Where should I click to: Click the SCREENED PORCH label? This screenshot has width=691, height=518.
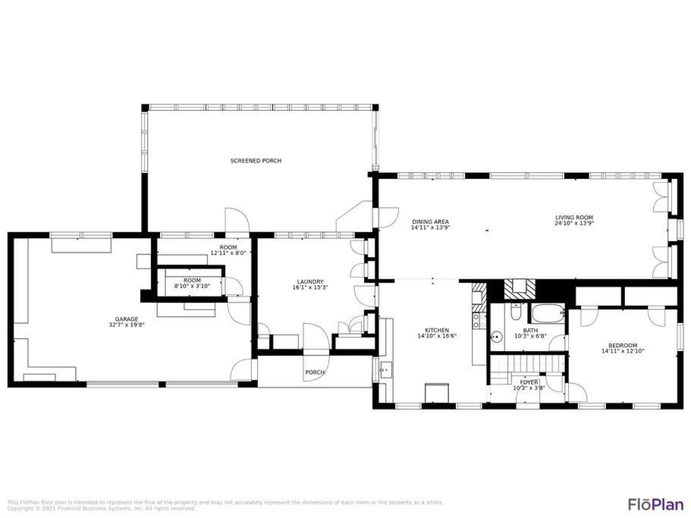pyautogui.click(x=256, y=161)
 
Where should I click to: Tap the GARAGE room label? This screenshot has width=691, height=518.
pyautogui.click(x=127, y=319)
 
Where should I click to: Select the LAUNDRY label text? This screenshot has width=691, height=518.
pyautogui.click(x=310, y=282)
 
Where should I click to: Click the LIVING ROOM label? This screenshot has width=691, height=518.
pyautogui.click(x=573, y=218)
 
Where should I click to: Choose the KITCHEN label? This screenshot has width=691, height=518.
pyautogui.click(x=437, y=331)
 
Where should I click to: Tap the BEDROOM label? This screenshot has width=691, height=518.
pyautogui.click(x=623, y=346)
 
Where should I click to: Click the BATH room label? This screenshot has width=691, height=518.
pyautogui.click(x=530, y=331)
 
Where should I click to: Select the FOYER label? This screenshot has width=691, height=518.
pyautogui.click(x=529, y=382)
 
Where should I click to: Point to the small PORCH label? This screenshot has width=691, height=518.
pyautogui.click(x=315, y=372)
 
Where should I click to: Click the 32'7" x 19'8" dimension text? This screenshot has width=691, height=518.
pyautogui.click(x=127, y=325)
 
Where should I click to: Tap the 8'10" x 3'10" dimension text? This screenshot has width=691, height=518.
pyautogui.click(x=192, y=286)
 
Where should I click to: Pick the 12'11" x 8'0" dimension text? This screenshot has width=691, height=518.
pyautogui.click(x=228, y=253)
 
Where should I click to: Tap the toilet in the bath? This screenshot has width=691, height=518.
pyautogui.click(x=515, y=312)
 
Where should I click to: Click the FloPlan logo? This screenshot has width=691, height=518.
pyautogui.click(x=656, y=504)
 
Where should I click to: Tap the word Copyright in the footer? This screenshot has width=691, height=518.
pyautogui.click(x=20, y=508)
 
